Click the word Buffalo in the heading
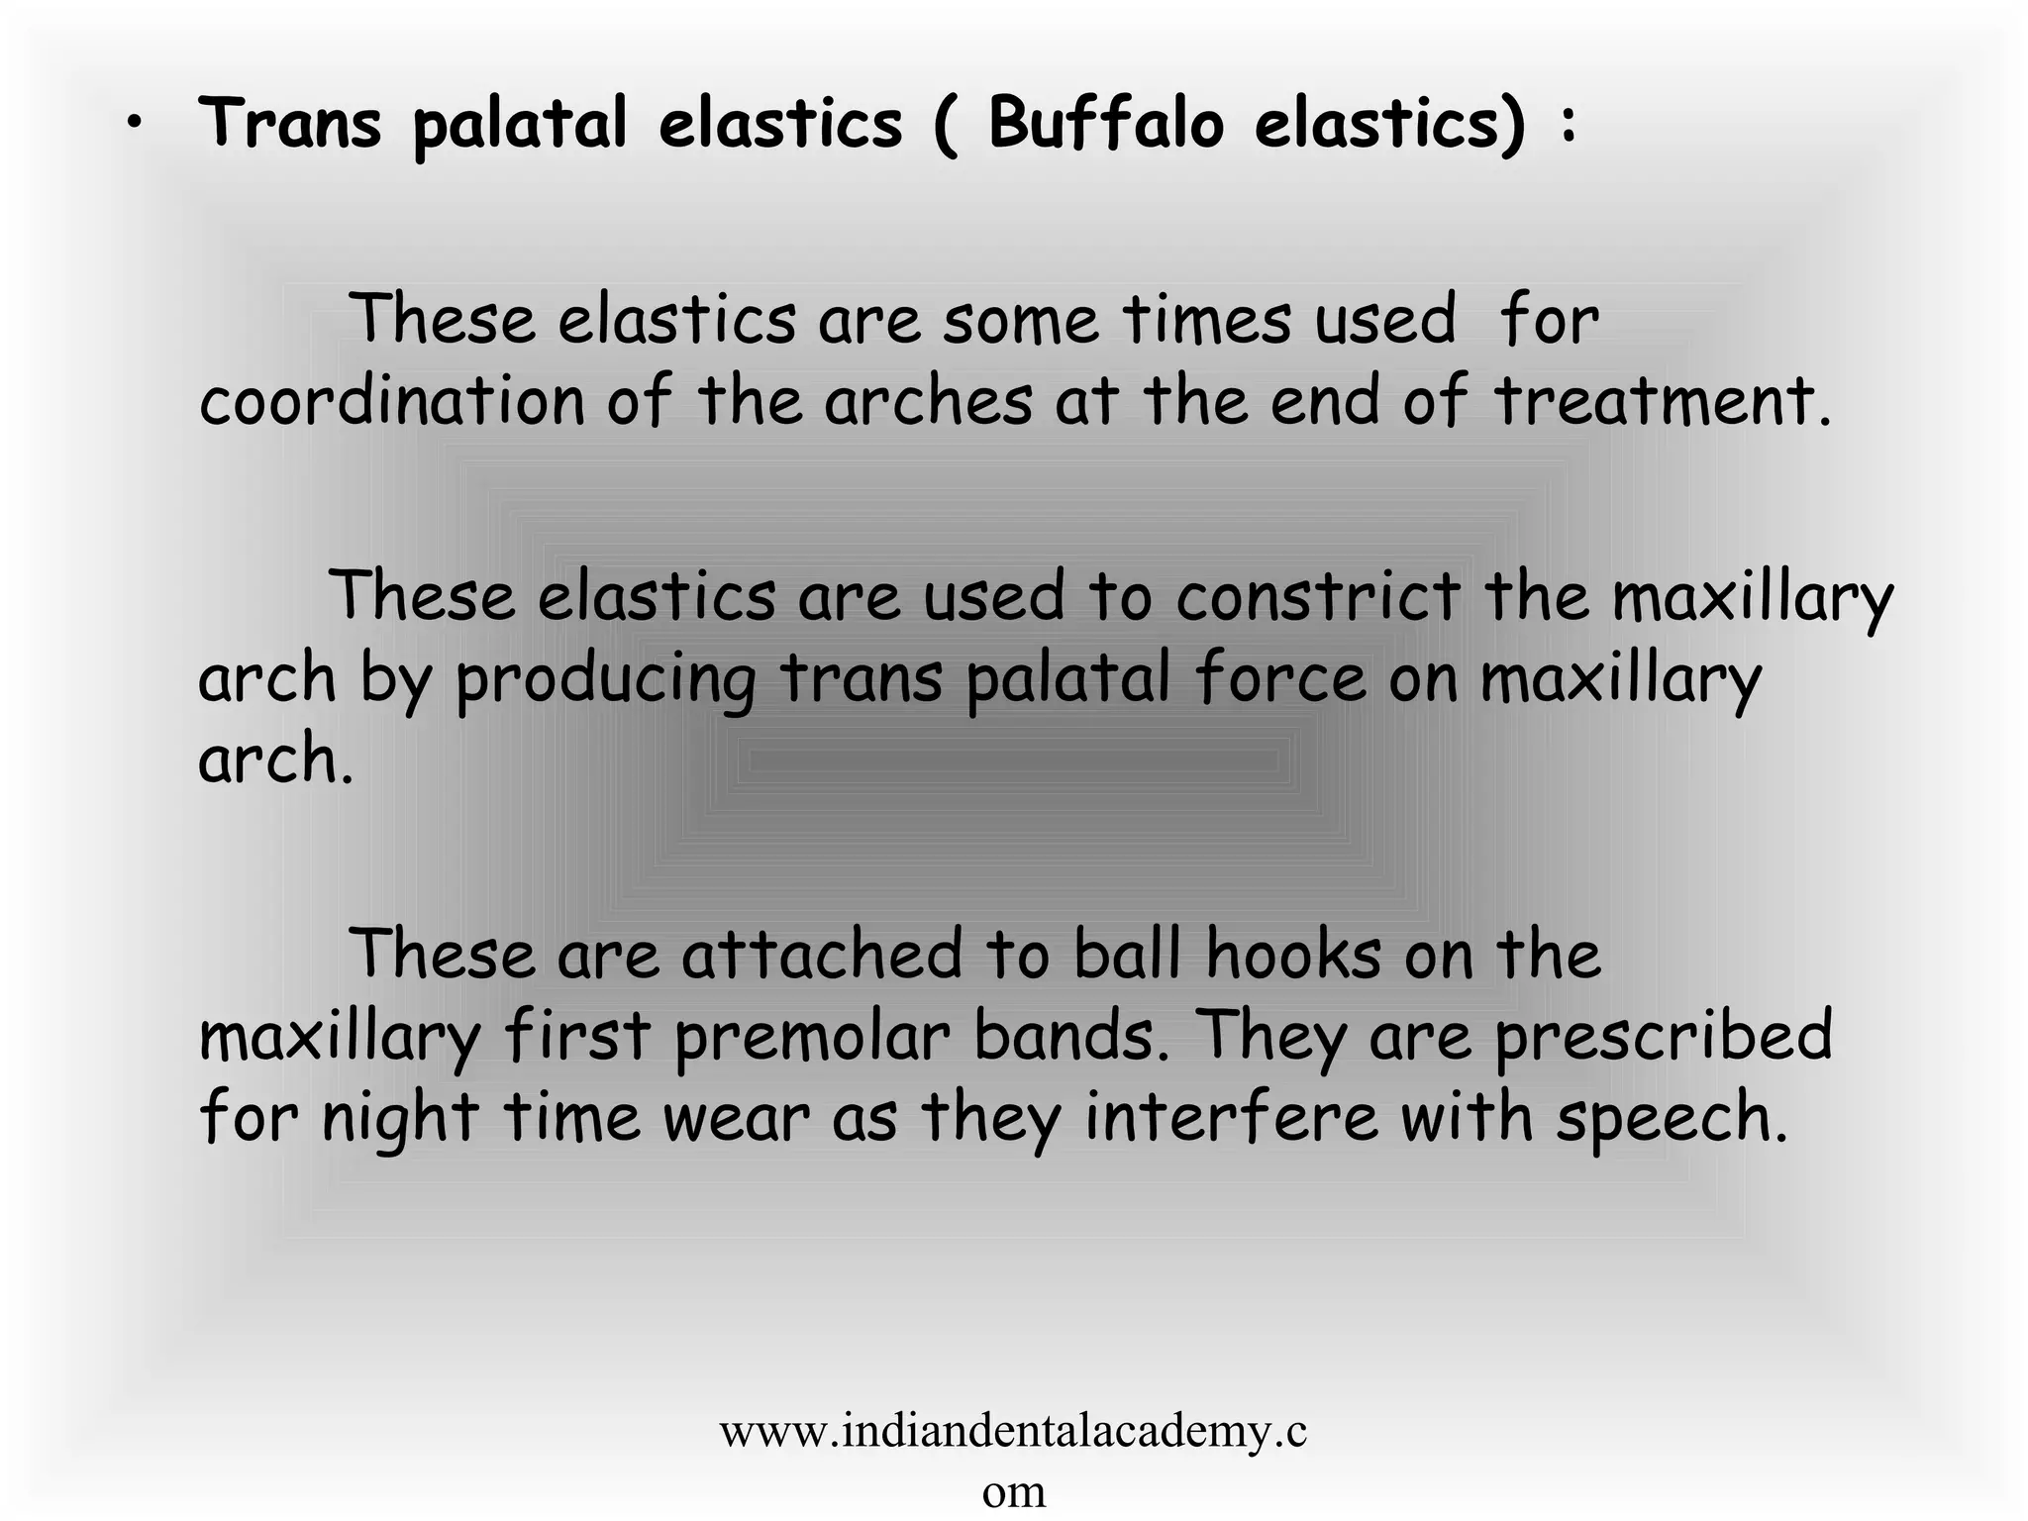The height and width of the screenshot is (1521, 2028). pos(1106,124)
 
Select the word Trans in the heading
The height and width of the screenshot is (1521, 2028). pos(290,124)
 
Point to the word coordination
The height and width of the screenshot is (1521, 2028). pos(392,402)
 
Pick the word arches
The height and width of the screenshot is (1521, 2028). pos(928,402)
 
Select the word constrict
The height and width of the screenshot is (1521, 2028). pos(1318,597)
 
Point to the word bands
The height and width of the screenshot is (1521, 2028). pos(1071,1036)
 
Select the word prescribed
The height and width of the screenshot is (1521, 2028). pos(1663,1038)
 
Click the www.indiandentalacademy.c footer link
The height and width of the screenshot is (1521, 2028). pos(1013,1432)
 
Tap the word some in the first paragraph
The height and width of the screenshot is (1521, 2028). pos(1020,321)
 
